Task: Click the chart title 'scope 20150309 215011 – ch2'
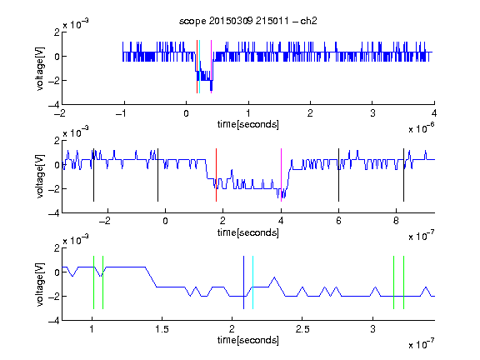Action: [x=248, y=21]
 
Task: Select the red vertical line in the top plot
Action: [x=197, y=67]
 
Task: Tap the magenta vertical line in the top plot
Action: [x=211, y=67]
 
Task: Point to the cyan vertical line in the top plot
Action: [x=200, y=67]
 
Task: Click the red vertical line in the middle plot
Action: [x=216, y=175]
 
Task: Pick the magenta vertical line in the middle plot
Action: [x=282, y=175]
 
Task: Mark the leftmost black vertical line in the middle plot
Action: [x=93, y=175]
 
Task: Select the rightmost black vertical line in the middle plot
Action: [x=404, y=175]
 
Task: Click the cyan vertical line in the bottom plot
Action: [x=252, y=282]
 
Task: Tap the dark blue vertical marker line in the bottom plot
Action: [x=243, y=282]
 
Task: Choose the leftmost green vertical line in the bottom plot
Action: [x=93, y=282]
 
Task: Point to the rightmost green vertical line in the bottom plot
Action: [x=404, y=282]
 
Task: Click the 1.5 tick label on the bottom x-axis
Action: [x=162, y=329]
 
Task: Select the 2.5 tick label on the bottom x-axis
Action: [x=302, y=329]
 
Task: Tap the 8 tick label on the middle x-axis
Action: [x=396, y=221]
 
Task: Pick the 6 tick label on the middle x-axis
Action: [x=338, y=221]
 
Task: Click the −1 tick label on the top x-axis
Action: [x=122, y=113]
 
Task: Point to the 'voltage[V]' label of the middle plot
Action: [x=40, y=177]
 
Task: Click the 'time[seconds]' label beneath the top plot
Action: [x=248, y=124]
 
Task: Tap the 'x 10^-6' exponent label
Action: [x=422, y=128]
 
